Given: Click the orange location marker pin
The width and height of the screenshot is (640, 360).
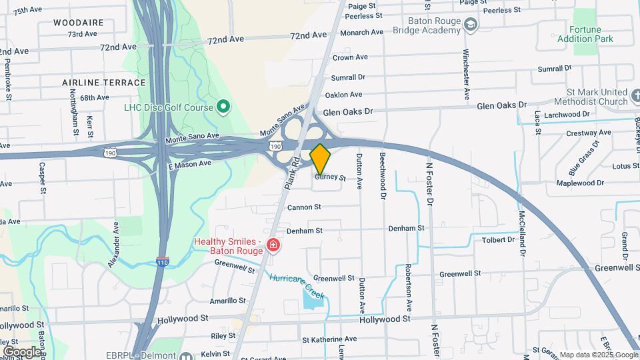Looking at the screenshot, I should point(321,159).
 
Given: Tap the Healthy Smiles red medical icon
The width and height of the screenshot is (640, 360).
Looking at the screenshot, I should point(273,246).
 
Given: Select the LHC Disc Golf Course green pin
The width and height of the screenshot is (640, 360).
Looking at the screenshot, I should point(224,107).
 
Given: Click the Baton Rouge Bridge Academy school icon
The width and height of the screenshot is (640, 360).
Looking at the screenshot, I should point(471,25).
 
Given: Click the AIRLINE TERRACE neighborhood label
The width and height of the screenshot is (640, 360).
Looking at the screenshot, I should point(103,83).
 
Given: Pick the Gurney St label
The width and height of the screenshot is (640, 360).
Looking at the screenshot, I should point(331,178).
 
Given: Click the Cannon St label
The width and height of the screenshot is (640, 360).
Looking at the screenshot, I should point(305,207).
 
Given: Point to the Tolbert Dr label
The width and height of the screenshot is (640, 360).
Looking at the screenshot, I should point(497,240).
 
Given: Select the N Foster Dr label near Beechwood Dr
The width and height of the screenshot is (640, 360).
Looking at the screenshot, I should point(430,183).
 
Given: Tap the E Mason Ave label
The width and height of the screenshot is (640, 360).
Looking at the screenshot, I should point(189,163).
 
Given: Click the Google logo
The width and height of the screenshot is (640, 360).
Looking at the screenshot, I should point(22,351).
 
